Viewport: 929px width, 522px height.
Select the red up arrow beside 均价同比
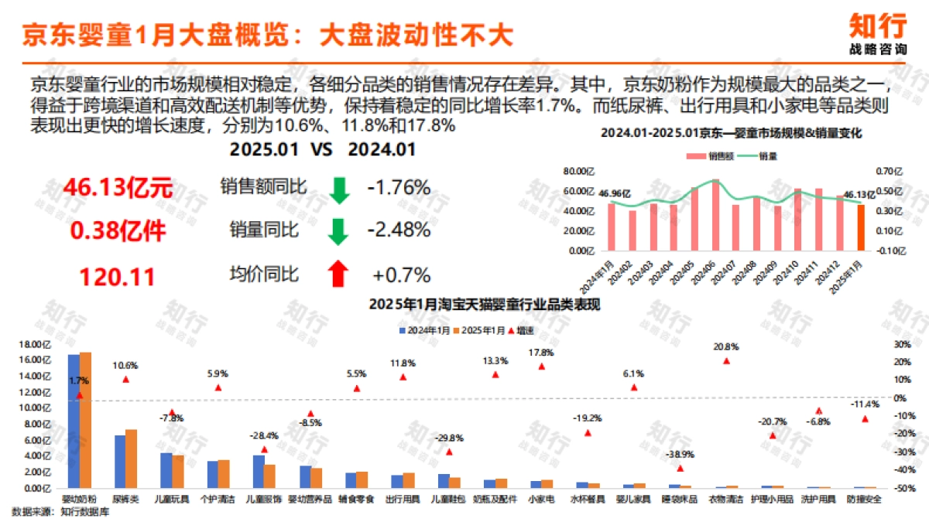pyautogui.click(x=338, y=274)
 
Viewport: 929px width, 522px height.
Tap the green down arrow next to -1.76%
pyautogui.click(x=338, y=189)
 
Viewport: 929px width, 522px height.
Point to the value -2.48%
pyautogui.click(x=398, y=230)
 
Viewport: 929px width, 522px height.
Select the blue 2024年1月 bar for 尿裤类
pyautogui.click(x=120, y=461)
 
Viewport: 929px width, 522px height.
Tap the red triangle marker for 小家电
pyautogui.click(x=541, y=367)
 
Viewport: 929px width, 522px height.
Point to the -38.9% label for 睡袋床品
pyautogui.click(x=680, y=455)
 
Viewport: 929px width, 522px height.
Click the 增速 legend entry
pyautogui.click(x=521, y=330)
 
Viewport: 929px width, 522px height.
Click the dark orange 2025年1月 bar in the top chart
pyautogui.click(x=862, y=229)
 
